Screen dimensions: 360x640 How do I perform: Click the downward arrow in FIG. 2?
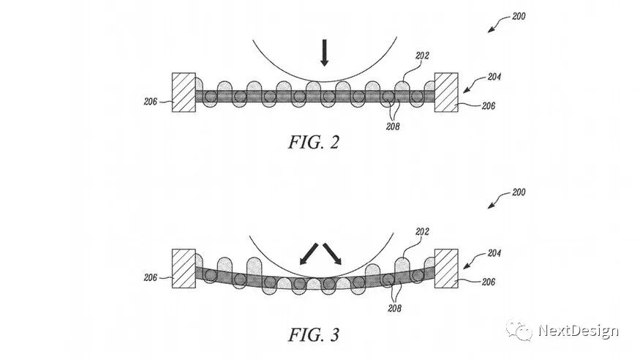[x=324, y=53]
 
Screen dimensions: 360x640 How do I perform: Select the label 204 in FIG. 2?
[x=494, y=75]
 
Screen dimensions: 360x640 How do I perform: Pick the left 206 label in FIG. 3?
[x=152, y=278]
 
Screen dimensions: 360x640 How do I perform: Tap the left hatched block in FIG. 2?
[x=183, y=92]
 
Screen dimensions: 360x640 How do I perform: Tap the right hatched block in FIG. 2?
[x=446, y=92]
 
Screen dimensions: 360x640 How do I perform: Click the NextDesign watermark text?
[x=579, y=331]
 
